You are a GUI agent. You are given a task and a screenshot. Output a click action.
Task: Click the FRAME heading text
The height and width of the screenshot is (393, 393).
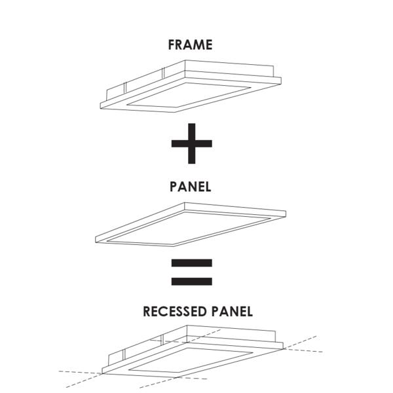click(190, 45)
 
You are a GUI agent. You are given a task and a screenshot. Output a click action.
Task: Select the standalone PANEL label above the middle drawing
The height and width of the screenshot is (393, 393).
click(190, 187)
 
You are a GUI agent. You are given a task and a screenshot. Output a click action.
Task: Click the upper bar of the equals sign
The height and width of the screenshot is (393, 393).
click(191, 264)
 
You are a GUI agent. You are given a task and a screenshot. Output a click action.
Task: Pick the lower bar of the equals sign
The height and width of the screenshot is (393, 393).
click(191, 282)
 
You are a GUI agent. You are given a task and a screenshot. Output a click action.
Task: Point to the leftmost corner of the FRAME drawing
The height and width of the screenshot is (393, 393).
click(100, 105)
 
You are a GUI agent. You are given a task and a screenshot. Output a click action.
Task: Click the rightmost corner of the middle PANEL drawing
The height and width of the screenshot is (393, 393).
click(286, 212)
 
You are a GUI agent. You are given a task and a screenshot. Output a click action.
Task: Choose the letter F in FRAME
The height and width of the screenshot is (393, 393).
click(172, 45)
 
